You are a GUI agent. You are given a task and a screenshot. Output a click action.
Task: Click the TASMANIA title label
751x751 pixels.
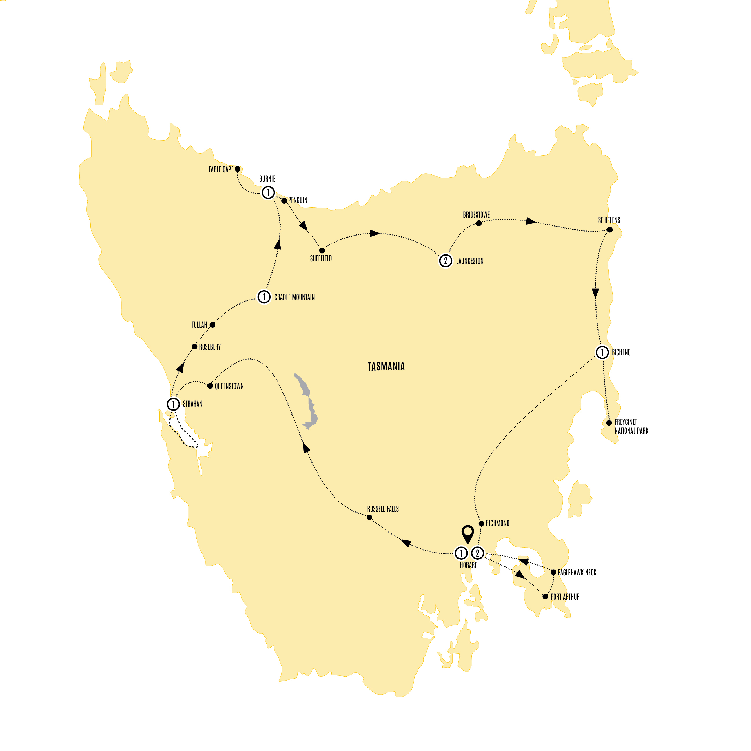click(386, 367)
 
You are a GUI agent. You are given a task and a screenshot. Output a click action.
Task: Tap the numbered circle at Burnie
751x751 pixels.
click(268, 192)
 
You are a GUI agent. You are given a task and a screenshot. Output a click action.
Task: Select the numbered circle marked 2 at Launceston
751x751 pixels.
click(445, 260)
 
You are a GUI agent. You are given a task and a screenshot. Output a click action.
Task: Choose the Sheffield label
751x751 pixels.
click(321, 258)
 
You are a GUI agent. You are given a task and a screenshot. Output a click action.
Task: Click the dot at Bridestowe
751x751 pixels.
click(479, 223)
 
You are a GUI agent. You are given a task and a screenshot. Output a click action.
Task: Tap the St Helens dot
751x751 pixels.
click(610, 230)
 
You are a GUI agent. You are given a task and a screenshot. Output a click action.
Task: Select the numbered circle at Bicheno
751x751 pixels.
click(602, 352)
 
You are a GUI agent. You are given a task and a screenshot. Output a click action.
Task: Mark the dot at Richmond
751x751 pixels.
click(481, 524)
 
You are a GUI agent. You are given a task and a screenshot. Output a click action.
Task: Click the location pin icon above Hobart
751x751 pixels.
click(467, 533)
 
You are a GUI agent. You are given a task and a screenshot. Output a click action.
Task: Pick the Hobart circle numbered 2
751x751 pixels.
click(477, 553)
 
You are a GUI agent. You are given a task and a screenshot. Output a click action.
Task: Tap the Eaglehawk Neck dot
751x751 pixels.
click(553, 572)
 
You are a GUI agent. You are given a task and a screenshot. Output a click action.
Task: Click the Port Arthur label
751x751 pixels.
click(565, 597)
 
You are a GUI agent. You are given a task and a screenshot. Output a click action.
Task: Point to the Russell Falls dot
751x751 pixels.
click(369, 517)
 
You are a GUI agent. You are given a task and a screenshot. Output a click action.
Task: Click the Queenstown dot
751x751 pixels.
click(210, 386)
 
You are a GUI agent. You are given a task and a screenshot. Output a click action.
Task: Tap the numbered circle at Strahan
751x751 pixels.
click(173, 404)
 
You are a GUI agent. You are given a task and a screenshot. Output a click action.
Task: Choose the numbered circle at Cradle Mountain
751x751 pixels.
click(264, 297)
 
